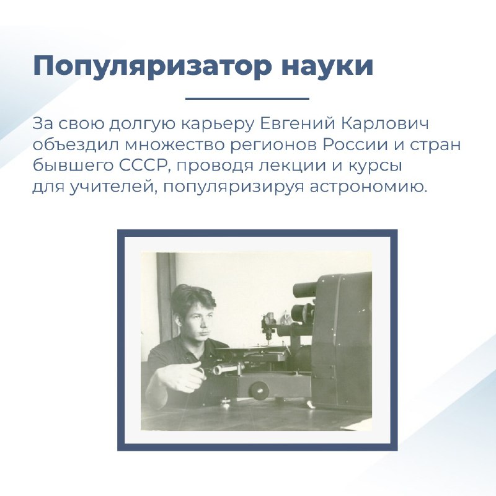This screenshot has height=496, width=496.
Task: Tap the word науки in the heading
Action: pyautogui.click(x=327, y=66)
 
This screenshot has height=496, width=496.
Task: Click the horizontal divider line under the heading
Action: pyautogui.click(x=247, y=99)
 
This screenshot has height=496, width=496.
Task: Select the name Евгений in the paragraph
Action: pyautogui.click(x=297, y=123)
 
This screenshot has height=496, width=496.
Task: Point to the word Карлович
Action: pyautogui.click(x=384, y=123)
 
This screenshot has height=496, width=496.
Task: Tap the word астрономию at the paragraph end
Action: pyautogui.click(x=368, y=187)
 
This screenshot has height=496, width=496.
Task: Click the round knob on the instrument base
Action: pyautogui.click(x=259, y=390)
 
